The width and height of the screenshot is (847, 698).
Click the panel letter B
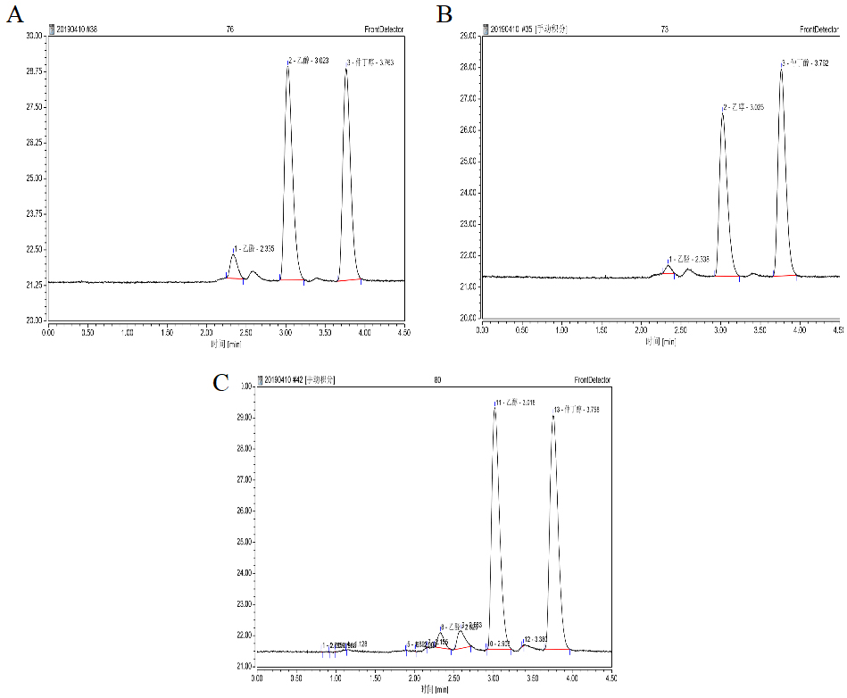click(x=444, y=15)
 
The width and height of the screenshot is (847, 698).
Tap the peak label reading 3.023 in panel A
click(x=309, y=61)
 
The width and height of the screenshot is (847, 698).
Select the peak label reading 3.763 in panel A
click(x=370, y=62)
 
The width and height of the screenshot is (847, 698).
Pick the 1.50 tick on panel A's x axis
click(x=166, y=331)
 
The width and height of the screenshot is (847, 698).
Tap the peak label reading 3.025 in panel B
click(x=743, y=107)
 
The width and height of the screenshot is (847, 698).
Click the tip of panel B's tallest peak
click(x=781, y=66)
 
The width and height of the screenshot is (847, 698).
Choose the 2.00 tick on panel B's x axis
click(x=641, y=329)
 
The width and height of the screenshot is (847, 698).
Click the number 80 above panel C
click(x=437, y=380)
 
